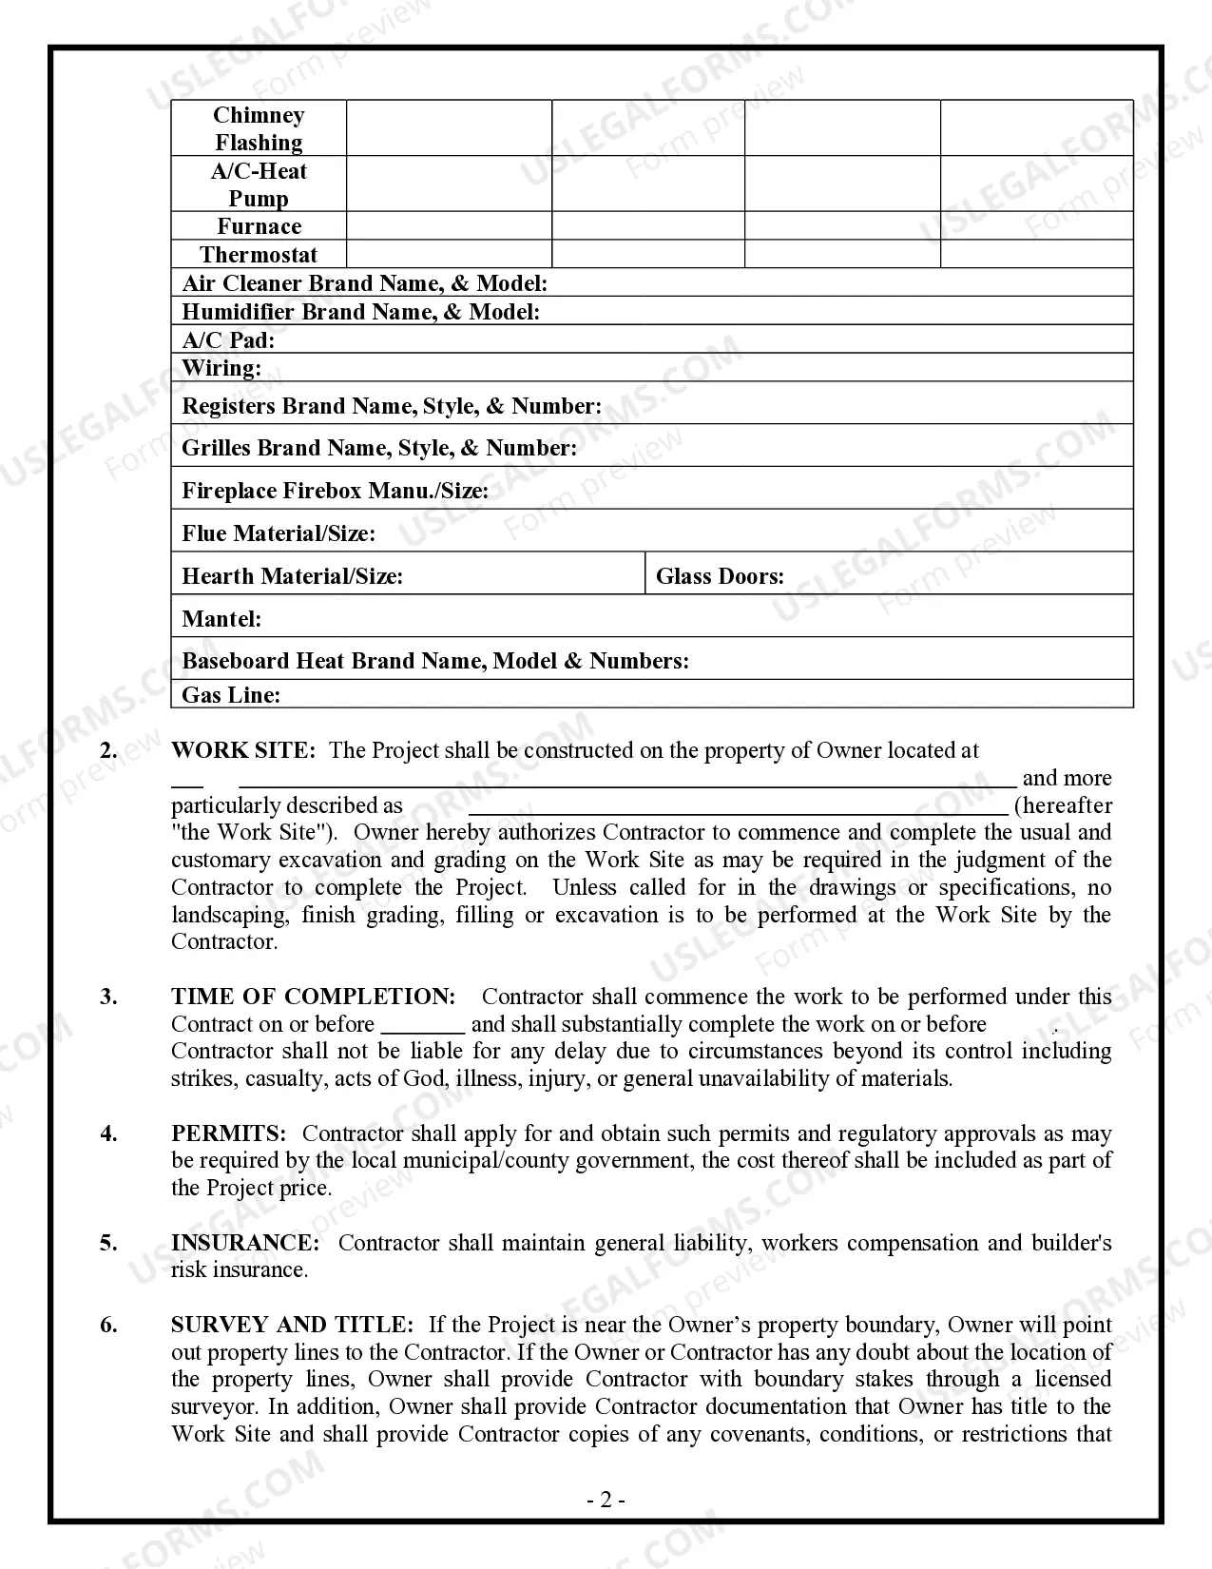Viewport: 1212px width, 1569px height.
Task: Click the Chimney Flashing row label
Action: point(259,128)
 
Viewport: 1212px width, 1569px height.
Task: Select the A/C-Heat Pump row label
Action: point(259,184)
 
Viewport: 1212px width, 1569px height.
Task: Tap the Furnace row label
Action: point(259,226)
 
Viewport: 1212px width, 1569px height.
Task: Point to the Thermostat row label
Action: point(259,255)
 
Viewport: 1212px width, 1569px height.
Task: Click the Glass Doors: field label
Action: point(720,576)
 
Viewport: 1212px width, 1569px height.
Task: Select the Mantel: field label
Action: point(221,619)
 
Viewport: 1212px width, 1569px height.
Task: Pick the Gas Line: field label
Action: point(231,695)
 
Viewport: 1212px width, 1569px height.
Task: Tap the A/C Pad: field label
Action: point(228,340)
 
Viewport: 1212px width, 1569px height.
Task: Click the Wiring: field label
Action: point(221,368)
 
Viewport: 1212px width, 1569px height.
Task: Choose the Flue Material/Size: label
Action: point(279,533)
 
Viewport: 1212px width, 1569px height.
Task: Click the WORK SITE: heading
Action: point(242,750)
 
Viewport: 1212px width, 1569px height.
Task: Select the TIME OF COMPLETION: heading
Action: point(314,997)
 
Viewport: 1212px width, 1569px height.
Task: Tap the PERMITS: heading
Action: point(228,1133)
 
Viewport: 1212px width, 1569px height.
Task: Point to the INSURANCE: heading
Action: point(245,1243)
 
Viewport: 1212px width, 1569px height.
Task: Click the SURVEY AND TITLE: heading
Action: point(292,1325)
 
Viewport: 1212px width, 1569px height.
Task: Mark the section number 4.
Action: point(109,1133)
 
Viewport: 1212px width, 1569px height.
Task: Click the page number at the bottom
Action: point(606,1501)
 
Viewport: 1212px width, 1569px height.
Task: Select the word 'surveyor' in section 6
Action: point(215,1407)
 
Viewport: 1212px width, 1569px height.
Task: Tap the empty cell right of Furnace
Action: point(449,226)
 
